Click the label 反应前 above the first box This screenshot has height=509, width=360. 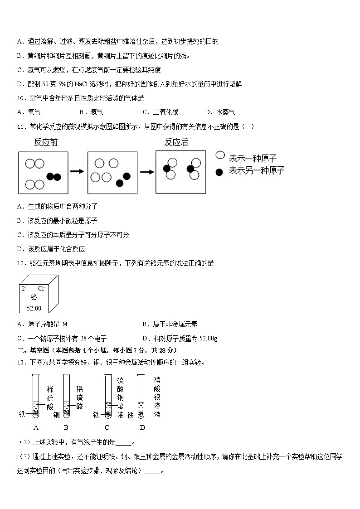click(x=46, y=142)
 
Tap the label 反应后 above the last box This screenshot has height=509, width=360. click(x=176, y=142)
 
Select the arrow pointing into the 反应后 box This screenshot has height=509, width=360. click(x=147, y=171)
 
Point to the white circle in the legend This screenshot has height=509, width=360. click(x=220, y=155)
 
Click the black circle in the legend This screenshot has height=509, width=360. click(x=219, y=172)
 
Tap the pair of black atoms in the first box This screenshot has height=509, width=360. click(x=54, y=177)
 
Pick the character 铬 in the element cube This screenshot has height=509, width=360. click(x=34, y=297)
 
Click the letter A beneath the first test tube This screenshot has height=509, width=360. click(x=36, y=427)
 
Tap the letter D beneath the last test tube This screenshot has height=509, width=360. click(x=142, y=427)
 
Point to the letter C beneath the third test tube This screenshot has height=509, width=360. click(x=107, y=427)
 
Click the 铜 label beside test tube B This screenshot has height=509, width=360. click(x=56, y=414)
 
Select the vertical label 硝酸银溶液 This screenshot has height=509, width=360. click(x=157, y=397)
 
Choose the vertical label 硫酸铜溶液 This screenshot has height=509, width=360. click(x=120, y=397)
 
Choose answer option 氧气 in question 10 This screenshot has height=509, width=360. click(x=34, y=112)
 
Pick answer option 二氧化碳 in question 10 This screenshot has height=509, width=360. click(x=165, y=112)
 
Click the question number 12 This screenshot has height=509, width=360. click(x=20, y=263)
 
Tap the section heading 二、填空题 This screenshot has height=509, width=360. click(x=34, y=350)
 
